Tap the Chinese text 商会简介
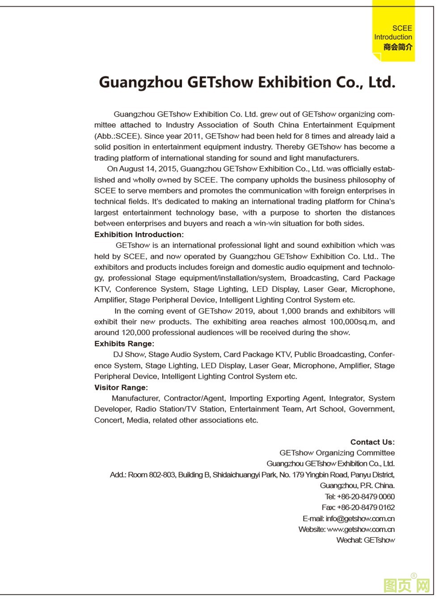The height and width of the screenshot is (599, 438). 398,47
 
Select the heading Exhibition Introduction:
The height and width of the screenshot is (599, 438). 139,235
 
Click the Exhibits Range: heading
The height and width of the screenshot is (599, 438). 124,343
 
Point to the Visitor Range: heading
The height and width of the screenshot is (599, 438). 121,387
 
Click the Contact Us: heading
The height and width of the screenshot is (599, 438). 372,442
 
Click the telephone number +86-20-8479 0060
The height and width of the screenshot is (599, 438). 366,496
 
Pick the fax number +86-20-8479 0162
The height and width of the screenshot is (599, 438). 366,507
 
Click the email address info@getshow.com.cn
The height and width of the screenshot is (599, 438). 360,519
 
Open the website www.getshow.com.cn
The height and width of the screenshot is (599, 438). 361,529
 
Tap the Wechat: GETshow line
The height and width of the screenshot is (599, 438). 366,540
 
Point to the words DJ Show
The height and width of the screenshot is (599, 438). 129,354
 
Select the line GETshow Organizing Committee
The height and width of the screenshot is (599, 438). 337,452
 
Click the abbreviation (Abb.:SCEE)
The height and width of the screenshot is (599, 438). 118,136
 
